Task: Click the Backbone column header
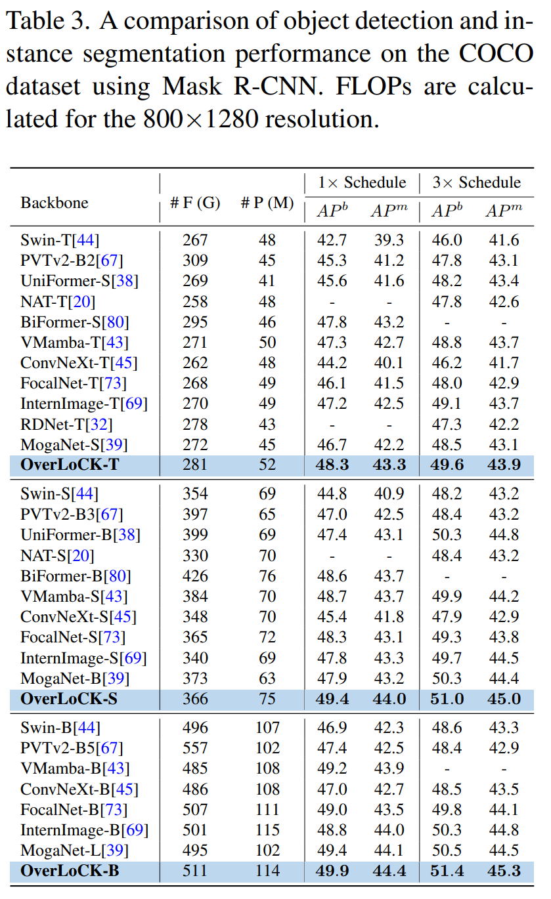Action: (x=55, y=202)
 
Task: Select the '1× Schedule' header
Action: (x=362, y=182)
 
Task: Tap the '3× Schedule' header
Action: (x=476, y=182)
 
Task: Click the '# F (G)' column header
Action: (x=195, y=203)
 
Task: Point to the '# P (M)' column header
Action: (x=267, y=203)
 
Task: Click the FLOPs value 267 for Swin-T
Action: (x=195, y=240)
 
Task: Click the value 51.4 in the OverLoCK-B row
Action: (x=447, y=871)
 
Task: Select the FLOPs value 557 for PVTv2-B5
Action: (x=195, y=748)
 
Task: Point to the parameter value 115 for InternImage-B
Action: (x=267, y=830)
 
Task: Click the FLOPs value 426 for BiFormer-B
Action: (x=195, y=576)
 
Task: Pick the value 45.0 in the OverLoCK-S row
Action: (x=503, y=699)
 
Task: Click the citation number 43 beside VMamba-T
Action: (x=119, y=343)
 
